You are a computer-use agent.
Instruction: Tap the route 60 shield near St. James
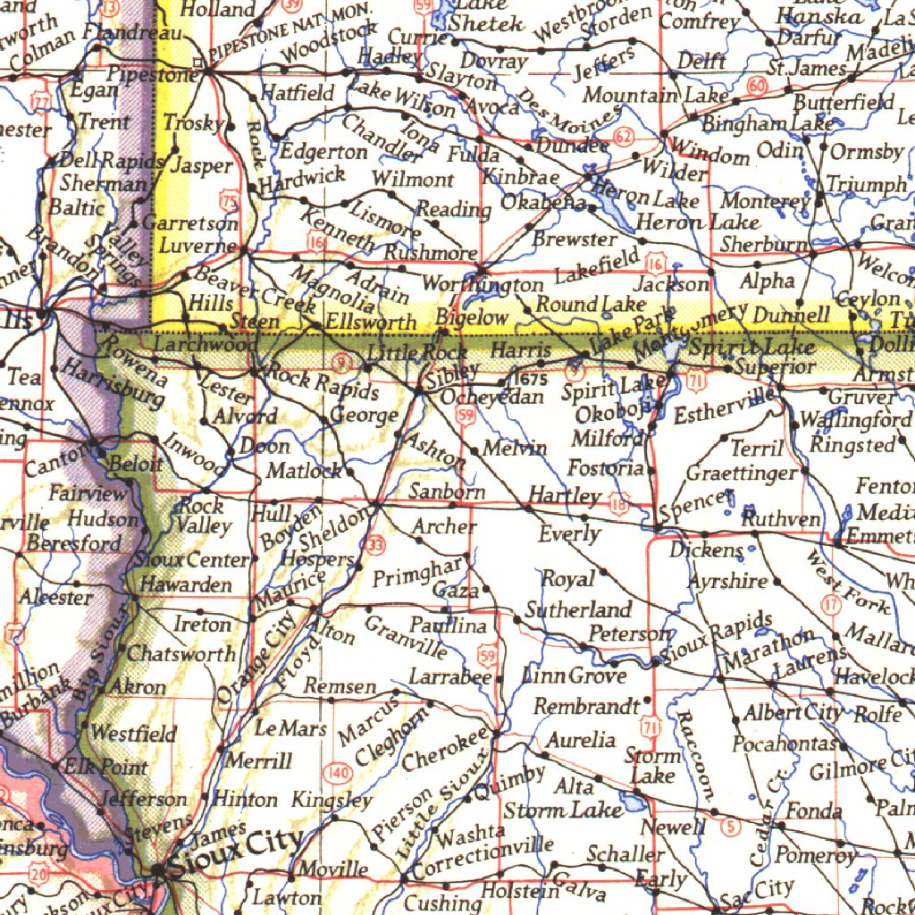(757, 87)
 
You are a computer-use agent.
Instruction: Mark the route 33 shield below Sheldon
(375, 544)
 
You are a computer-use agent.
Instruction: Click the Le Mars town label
(290, 728)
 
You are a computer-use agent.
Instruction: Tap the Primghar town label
(418, 574)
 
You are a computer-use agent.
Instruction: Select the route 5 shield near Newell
(733, 827)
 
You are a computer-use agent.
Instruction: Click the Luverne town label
(198, 245)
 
